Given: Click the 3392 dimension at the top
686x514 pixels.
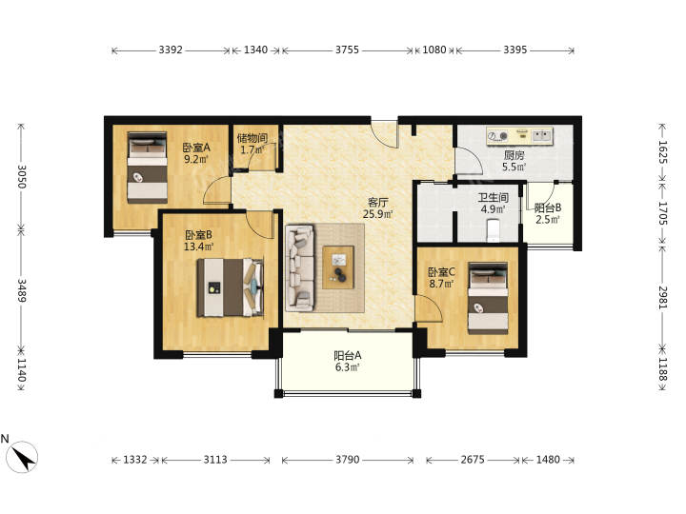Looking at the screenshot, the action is pos(171,49).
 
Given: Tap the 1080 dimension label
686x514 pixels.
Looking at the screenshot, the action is pos(434,49).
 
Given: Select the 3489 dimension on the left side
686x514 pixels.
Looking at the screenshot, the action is pos(21,290).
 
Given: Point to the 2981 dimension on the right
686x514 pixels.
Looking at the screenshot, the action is pos(663,298).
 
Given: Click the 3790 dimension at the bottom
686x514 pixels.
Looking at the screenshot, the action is pos(348,460).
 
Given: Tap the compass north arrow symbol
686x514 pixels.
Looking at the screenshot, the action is pos(23,457).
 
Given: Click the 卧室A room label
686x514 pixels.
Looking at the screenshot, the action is pos(196,148).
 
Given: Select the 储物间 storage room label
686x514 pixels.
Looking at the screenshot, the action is pos(252,138).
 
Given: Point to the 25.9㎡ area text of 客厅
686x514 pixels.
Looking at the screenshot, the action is pos(377,214).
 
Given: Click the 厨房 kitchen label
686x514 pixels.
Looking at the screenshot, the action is pos(514,155).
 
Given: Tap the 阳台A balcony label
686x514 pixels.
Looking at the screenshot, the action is pos(348,355).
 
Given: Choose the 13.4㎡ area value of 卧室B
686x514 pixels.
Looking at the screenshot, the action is pos(198,247).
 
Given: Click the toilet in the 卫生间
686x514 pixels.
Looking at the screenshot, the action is pos(494,230).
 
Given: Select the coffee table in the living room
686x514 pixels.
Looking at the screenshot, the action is pos(337,267).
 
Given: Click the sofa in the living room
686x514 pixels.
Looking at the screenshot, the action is pos(300,267).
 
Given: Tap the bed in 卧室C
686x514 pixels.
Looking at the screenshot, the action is pos(488,298).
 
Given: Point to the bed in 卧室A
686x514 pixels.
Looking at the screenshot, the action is pos(148,168).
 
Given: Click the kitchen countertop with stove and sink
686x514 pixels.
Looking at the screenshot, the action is pos(520,136).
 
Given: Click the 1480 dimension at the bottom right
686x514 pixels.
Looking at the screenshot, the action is pos(548,460).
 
